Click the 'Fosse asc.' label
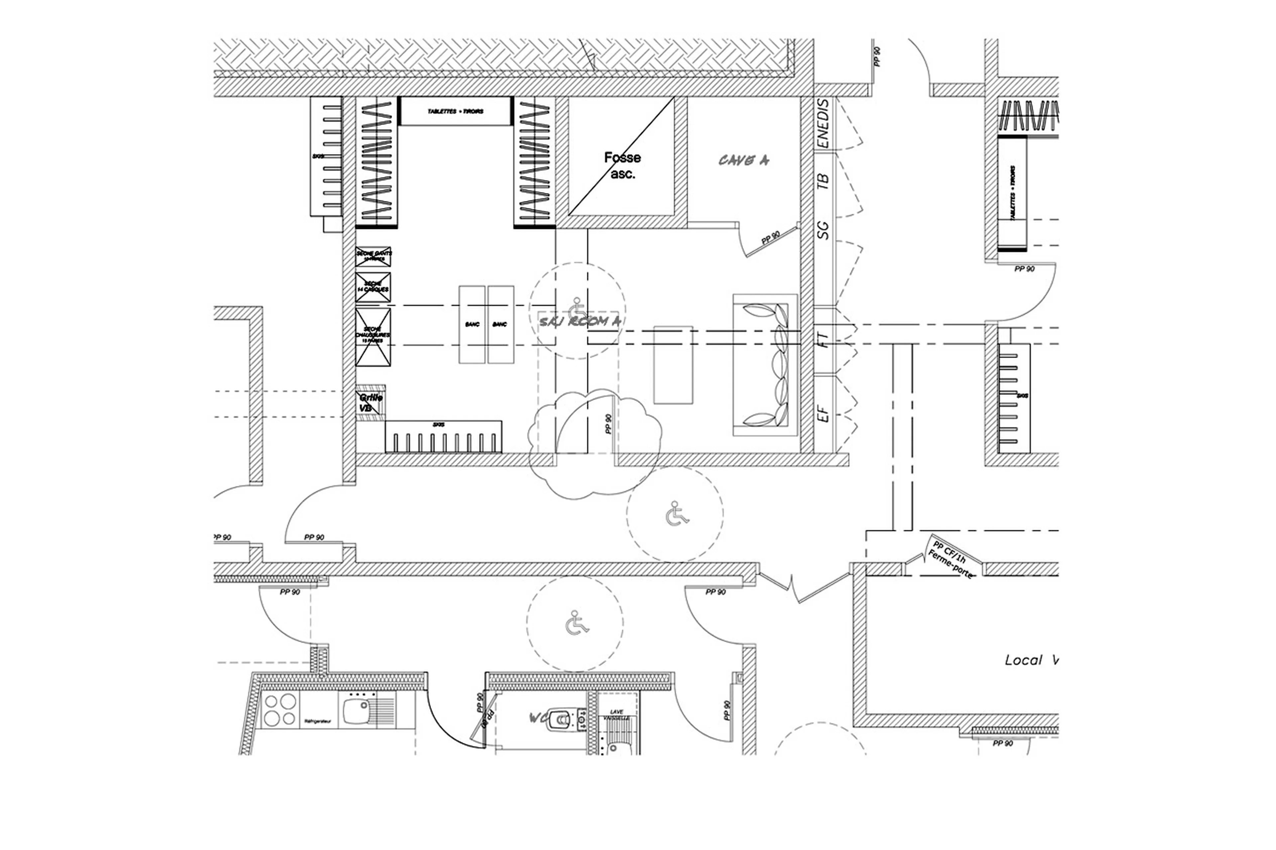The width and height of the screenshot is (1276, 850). click(x=622, y=165)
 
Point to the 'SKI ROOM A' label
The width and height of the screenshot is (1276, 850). click(x=579, y=322)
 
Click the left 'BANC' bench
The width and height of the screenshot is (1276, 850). click(x=472, y=324)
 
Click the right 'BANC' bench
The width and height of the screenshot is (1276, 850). click(x=500, y=324)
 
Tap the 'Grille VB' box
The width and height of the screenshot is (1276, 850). click(x=371, y=402)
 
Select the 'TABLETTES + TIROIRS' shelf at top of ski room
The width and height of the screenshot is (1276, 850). click(x=455, y=111)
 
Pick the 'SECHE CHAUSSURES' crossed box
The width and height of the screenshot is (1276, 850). click(x=372, y=336)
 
